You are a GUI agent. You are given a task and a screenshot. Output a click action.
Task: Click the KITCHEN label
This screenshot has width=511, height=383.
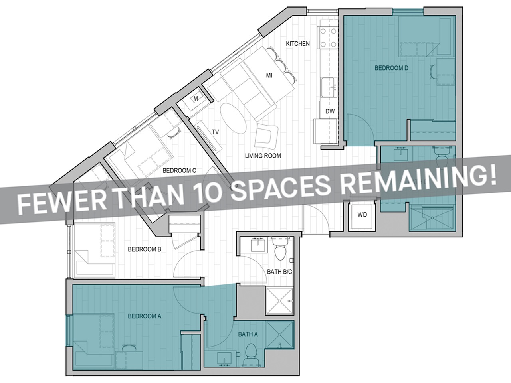point(297,43)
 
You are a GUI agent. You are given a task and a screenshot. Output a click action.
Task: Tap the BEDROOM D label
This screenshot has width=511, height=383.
point(391,68)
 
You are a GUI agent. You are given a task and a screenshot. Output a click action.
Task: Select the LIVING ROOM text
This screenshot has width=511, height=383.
point(263,156)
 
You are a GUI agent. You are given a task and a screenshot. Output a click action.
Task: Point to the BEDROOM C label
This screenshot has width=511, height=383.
point(179,170)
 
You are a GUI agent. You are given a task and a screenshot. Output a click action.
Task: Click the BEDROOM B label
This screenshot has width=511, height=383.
point(144,250)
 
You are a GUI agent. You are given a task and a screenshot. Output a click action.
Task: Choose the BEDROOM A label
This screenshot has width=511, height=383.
point(144,316)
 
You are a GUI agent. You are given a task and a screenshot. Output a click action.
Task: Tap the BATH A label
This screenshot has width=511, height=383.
point(248,334)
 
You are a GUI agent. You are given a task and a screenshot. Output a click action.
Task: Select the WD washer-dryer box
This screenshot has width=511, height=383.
point(362,215)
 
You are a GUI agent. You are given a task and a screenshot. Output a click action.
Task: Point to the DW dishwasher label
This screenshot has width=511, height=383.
point(330,111)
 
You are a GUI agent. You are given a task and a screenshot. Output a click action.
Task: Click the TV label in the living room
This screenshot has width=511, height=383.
point(216,132)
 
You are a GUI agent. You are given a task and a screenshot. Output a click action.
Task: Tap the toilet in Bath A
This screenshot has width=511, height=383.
point(251,352)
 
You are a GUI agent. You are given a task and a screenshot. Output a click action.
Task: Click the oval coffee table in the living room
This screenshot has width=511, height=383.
point(234,119)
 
